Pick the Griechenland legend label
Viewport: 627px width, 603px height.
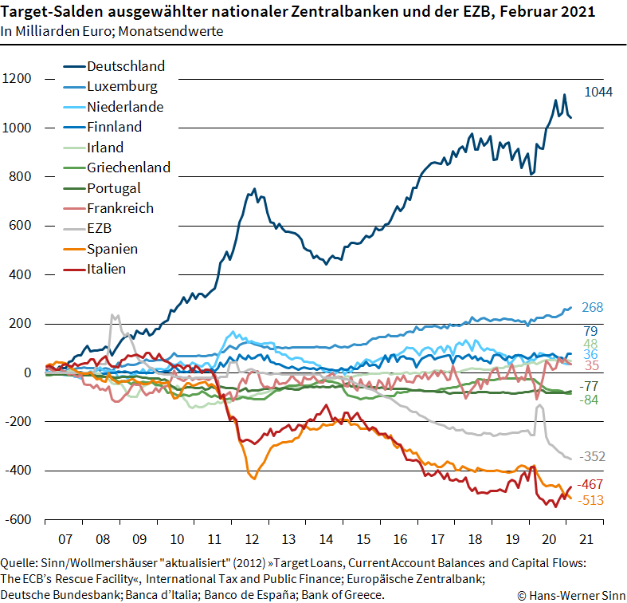(x=128, y=167)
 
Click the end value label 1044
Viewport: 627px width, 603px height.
(x=598, y=93)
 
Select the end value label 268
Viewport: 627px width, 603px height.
(x=592, y=308)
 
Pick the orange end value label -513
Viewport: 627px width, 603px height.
(x=592, y=500)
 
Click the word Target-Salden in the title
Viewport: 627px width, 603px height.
(x=53, y=14)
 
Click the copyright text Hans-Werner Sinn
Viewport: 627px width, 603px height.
(x=570, y=595)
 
